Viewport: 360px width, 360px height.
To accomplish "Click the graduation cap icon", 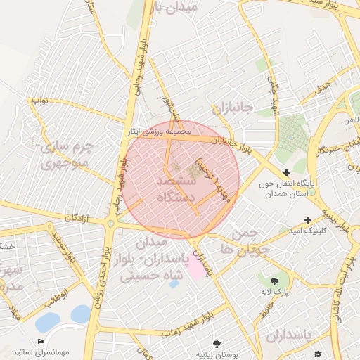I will tap(318, 354).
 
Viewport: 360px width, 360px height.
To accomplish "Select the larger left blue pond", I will tap(48, 322).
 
